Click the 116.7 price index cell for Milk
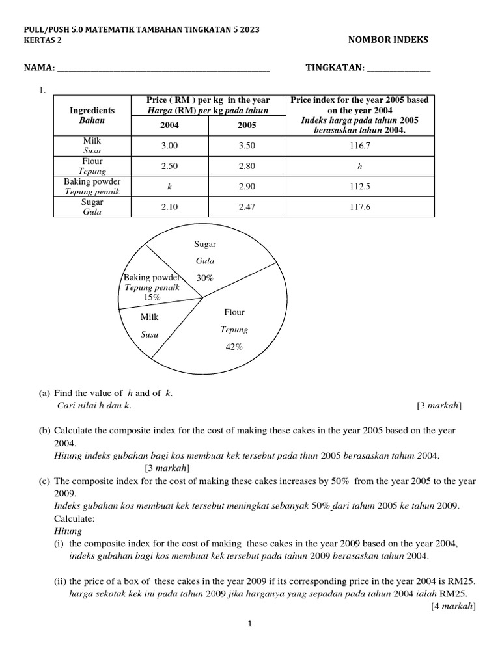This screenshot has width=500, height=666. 359,146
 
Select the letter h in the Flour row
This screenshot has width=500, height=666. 359,166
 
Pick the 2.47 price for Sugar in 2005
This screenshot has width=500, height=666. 247,206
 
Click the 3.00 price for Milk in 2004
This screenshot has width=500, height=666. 169,146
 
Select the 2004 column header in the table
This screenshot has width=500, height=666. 169,125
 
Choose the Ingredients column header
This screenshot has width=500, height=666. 92,111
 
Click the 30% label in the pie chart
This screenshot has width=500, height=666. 205,278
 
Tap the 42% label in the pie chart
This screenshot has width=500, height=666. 234,347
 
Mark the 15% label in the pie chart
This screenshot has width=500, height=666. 152,297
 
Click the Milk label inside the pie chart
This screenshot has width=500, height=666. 150,317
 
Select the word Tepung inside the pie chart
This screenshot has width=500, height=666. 234,330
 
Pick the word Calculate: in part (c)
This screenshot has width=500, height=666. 75,519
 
